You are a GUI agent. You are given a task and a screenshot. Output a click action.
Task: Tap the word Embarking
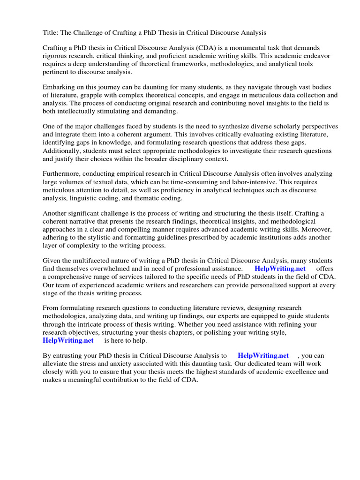click(x=60, y=88)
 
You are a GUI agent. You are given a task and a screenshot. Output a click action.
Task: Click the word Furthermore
click(x=63, y=174)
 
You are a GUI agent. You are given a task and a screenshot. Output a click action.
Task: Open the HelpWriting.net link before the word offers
click(x=280, y=269)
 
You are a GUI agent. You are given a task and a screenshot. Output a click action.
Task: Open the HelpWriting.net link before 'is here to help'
click(x=68, y=340)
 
